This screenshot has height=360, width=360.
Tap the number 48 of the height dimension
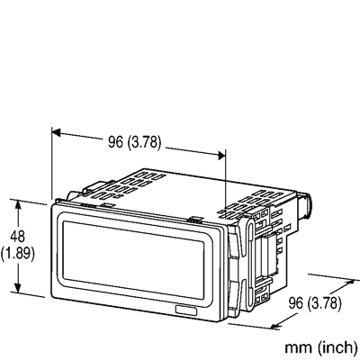(17, 235)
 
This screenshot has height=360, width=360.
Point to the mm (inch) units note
(319, 346)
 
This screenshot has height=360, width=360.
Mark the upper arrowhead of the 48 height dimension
(18, 202)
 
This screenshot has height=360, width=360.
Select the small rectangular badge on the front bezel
(188, 310)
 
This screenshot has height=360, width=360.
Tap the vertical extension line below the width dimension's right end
(225, 184)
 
